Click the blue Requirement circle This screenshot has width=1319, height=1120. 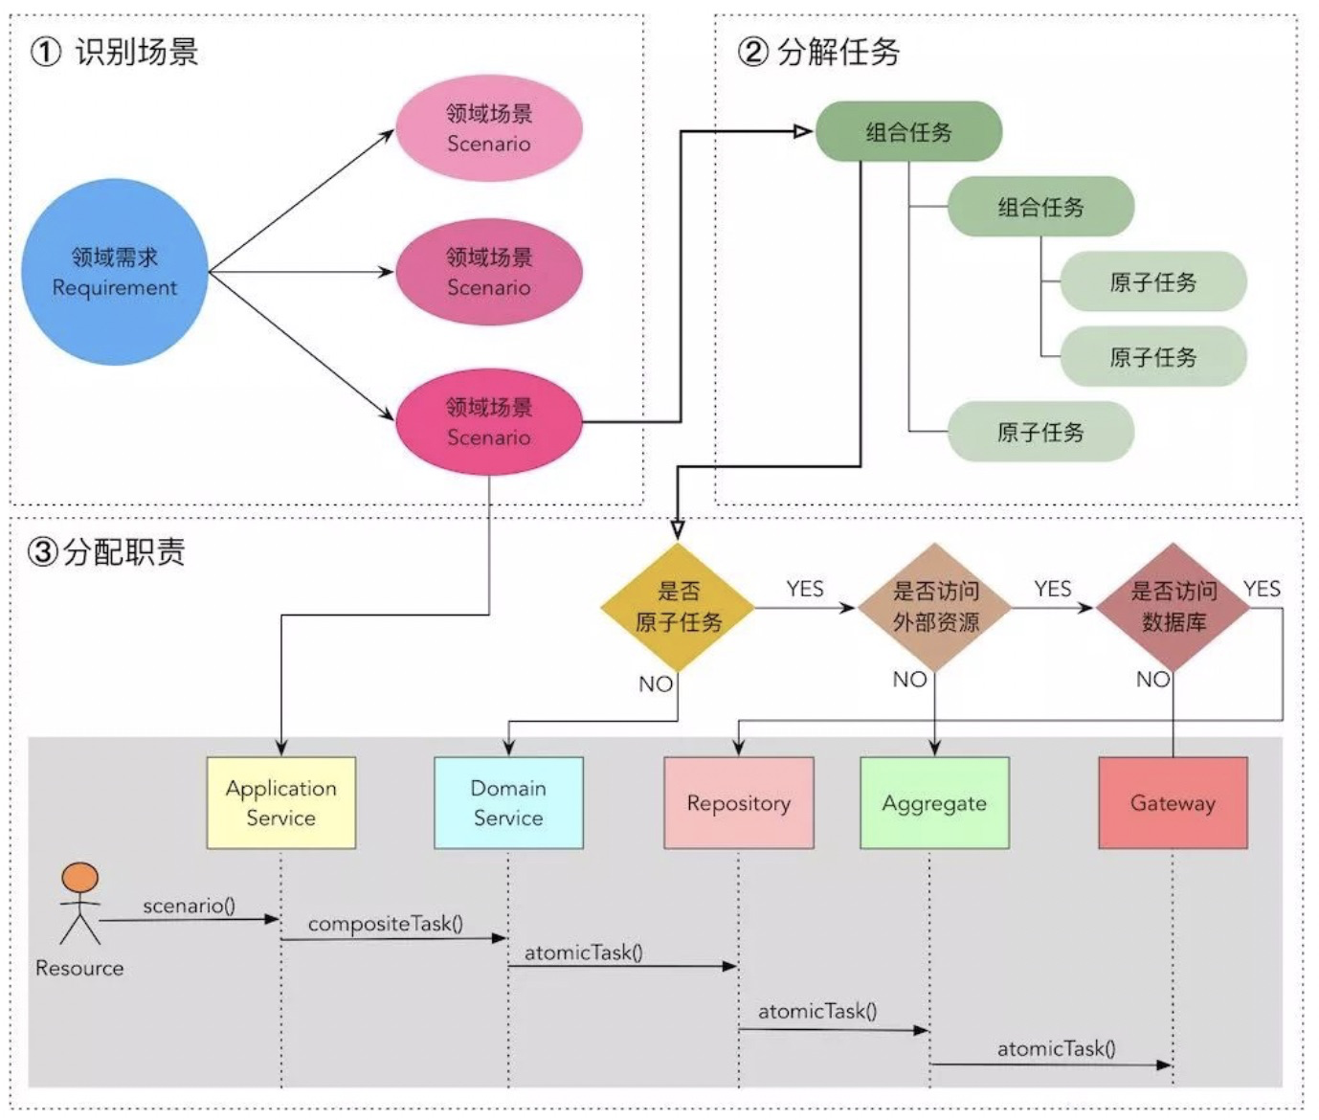(x=114, y=272)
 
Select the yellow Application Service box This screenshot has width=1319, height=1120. (x=280, y=802)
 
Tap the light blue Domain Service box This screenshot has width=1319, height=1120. (x=508, y=802)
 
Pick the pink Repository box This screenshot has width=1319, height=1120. (x=738, y=802)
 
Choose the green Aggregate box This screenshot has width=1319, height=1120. (x=934, y=802)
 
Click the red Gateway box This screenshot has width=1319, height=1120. (x=1173, y=802)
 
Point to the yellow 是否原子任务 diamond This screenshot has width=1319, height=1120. (x=678, y=607)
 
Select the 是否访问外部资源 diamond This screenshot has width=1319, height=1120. (x=935, y=607)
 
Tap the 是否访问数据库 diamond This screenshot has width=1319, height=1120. (x=1174, y=607)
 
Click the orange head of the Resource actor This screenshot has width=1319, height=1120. (x=79, y=878)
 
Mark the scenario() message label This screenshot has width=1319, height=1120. (x=189, y=906)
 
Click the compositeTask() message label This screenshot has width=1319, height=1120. (x=385, y=924)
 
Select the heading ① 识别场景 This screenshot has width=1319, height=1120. (x=115, y=52)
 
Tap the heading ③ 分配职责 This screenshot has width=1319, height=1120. (x=106, y=551)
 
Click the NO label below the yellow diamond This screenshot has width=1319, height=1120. (x=656, y=683)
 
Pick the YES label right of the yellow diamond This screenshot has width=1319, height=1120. (x=804, y=589)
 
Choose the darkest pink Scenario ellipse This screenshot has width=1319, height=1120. (x=489, y=422)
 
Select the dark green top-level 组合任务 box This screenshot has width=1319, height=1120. (x=908, y=132)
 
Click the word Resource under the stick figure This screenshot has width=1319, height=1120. (x=79, y=968)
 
